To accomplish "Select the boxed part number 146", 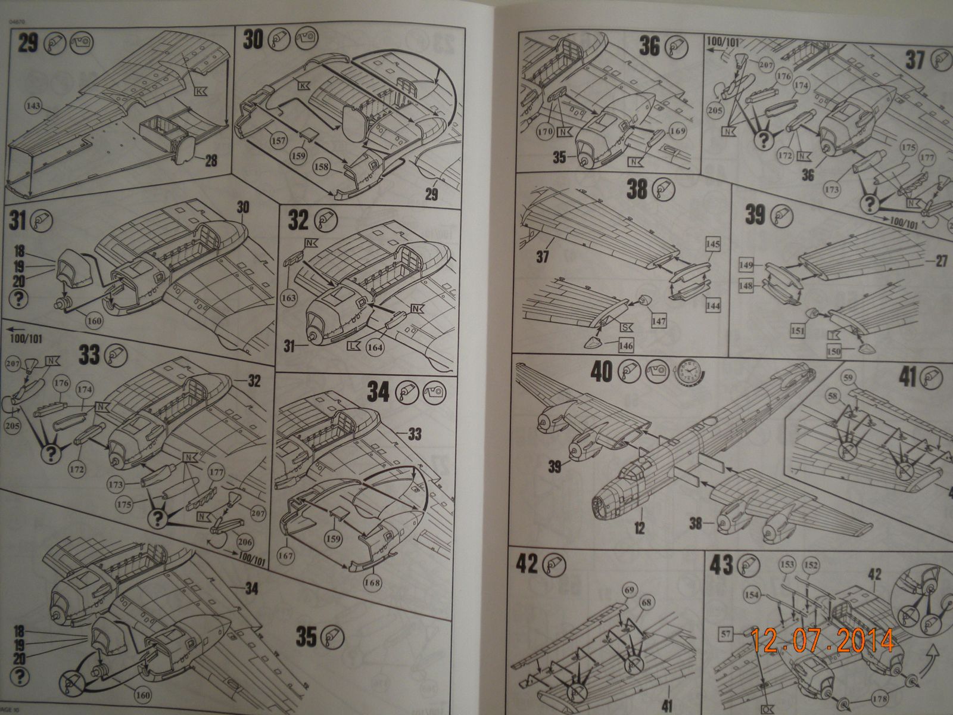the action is [x=625, y=346].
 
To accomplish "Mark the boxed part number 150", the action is [x=834, y=352].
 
